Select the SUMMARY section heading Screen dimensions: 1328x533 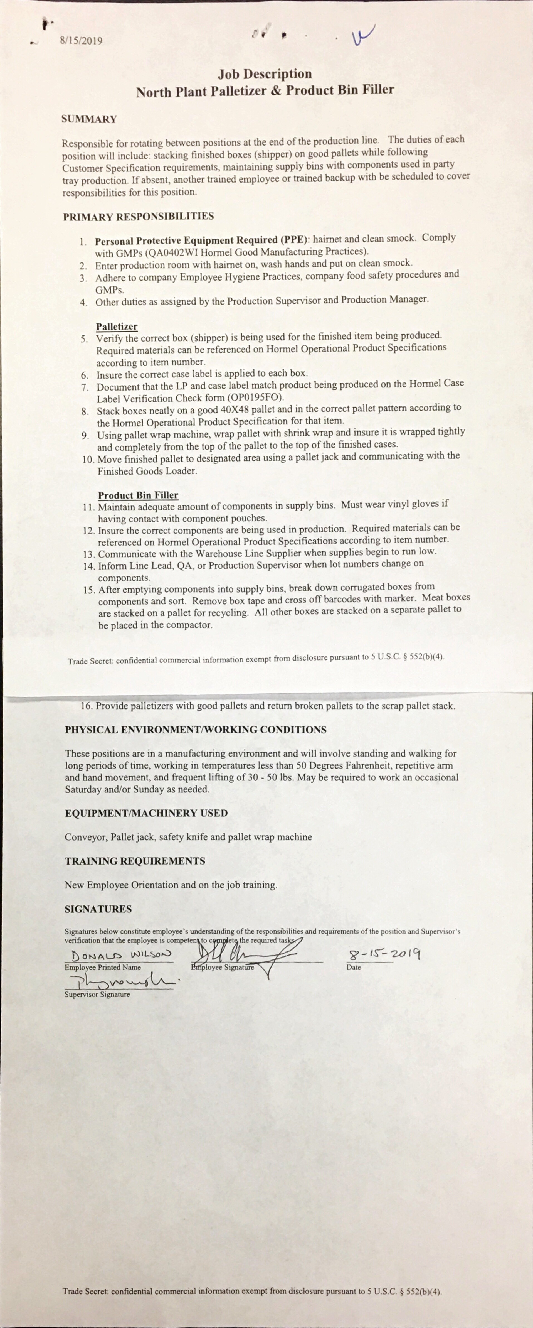pyautogui.click(x=89, y=119)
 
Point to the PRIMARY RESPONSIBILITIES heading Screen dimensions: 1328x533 pyautogui.click(x=138, y=217)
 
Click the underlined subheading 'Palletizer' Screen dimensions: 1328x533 pyautogui.click(x=116, y=326)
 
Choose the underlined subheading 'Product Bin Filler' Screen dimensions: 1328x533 pyautogui.click(x=138, y=495)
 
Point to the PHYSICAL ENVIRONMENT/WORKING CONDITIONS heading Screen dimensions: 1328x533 pyautogui.click(x=195, y=730)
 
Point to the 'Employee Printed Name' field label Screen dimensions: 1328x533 pyautogui.click(x=102, y=968)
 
